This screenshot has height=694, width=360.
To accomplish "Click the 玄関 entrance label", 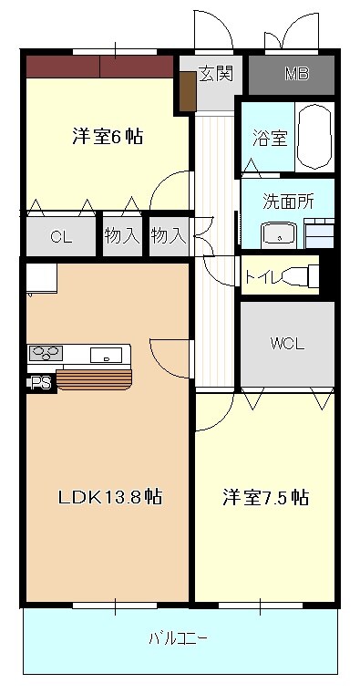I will coord(216,73).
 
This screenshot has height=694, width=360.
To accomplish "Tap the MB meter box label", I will coord(296,74).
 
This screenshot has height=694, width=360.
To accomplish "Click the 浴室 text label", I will coord(270,139).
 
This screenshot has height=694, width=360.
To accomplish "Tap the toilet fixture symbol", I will coord(301,274).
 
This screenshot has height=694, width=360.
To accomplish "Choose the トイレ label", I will coord(262,274).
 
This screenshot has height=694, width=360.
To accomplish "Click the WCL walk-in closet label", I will coord(286,344).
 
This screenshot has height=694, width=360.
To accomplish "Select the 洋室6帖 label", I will coord(108,138).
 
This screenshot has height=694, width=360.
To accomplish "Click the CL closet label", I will coord(61,237).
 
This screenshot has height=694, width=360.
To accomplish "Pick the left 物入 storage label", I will coord(122,236).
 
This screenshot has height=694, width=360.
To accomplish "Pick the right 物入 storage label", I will coord(169,236).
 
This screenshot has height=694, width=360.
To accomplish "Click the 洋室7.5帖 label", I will coord(266,498).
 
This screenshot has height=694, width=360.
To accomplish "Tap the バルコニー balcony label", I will coord(178,638).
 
